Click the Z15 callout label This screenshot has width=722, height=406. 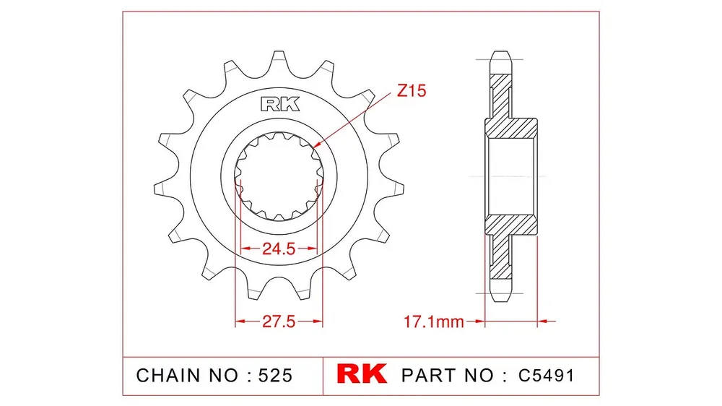tap(412, 91)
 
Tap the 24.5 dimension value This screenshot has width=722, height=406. tap(279, 249)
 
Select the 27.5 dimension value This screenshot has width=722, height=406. tap(279, 321)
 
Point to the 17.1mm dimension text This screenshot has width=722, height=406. tap(434, 321)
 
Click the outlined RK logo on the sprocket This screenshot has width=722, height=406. tap(280, 104)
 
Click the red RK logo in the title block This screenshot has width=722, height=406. tap(362, 373)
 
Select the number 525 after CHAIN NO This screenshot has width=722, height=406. tap(275, 376)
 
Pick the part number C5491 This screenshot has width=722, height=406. tap(547, 376)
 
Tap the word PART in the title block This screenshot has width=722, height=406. tap(430, 376)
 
